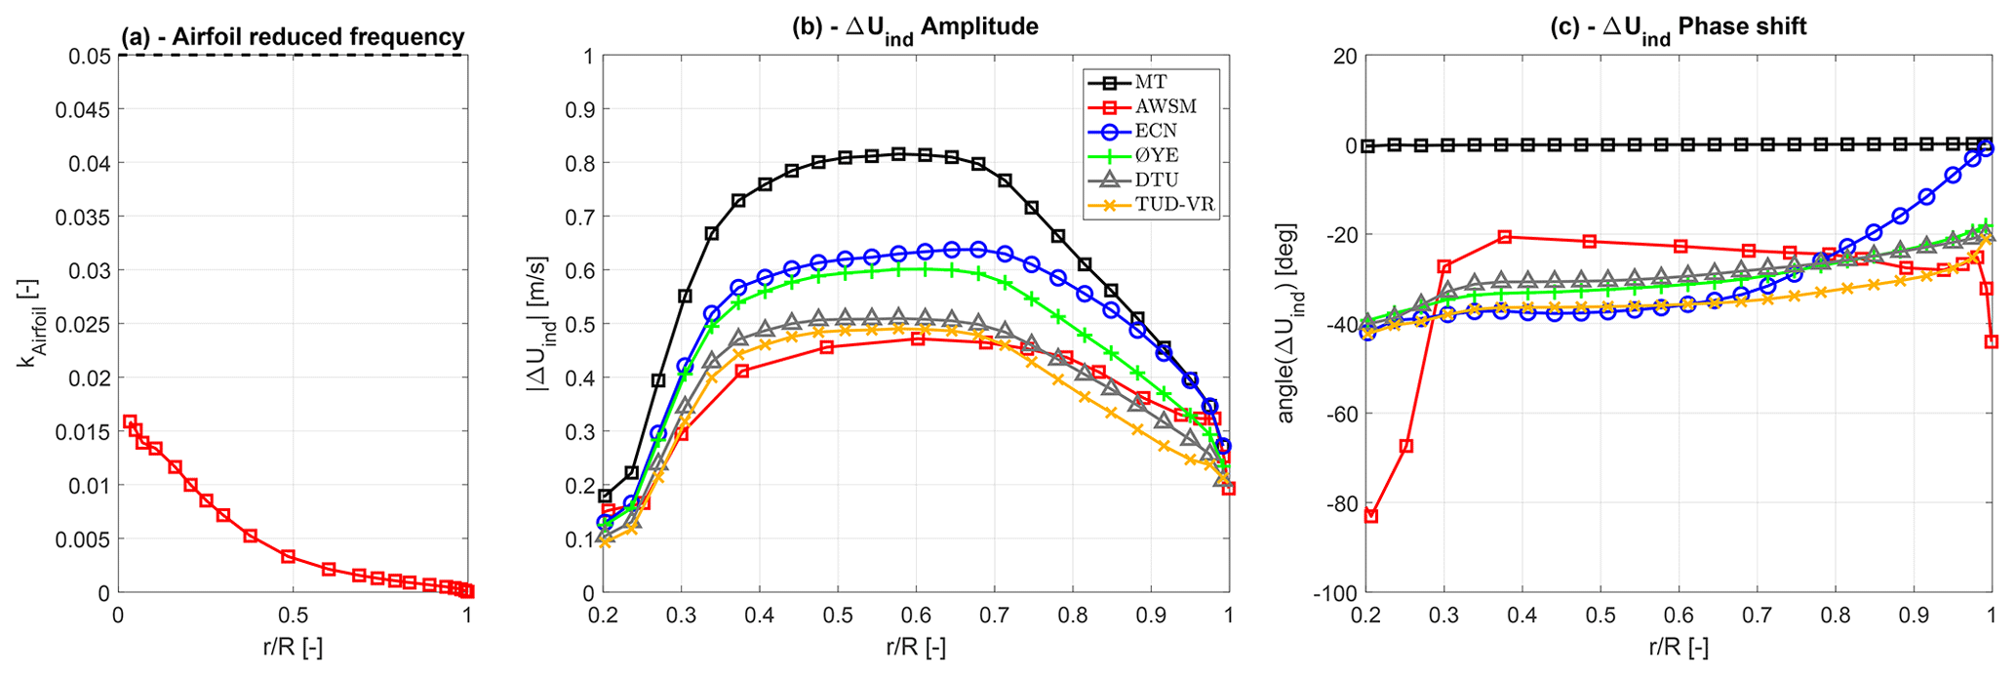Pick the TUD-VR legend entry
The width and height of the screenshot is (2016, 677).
[x=1176, y=205]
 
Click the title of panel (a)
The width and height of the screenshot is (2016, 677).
[x=293, y=37]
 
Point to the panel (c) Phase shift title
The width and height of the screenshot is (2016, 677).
[x=1678, y=27]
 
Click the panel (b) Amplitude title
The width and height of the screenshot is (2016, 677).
[x=915, y=27]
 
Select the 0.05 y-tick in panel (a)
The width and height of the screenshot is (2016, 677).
[x=91, y=56]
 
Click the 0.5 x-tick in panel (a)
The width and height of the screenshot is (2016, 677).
[x=293, y=617]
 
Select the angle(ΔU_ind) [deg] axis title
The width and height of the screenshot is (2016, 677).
[x=1286, y=324]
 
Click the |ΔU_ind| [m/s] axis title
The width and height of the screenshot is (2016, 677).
[x=538, y=324]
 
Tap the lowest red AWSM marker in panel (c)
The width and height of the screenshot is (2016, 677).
[x=1370, y=515]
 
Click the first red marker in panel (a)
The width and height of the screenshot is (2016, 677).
[x=130, y=421]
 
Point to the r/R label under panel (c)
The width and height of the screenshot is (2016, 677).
[x=1678, y=647]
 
